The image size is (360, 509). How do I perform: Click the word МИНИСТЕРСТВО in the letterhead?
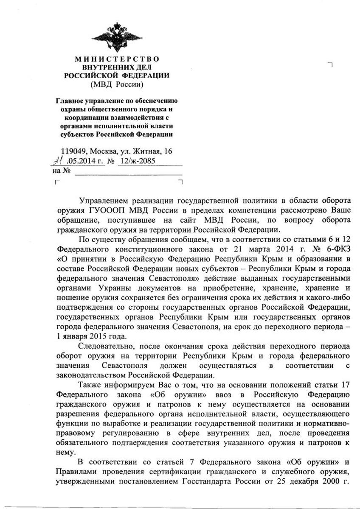[116, 59]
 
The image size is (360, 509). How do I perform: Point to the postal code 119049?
[73, 151]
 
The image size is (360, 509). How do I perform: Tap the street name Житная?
[146, 151]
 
